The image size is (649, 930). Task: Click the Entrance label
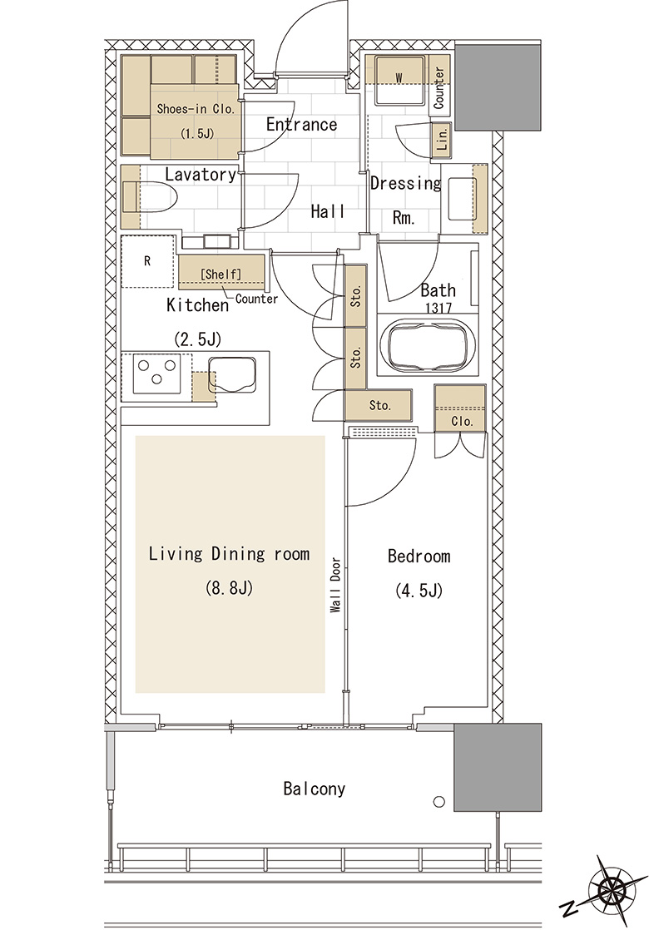(x=301, y=125)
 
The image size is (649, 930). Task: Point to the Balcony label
(x=314, y=789)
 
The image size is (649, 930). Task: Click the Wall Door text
(x=336, y=585)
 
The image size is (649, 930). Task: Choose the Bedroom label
(x=419, y=557)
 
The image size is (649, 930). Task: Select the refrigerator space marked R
(x=148, y=261)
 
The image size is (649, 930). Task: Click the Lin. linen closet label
(x=442, y=140)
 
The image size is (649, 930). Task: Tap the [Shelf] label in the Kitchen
(x=221, y=274)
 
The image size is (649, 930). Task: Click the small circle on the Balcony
(x=439, y=802)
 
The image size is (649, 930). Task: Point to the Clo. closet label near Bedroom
(x=462, y=422)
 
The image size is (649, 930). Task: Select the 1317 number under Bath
(x=438, y=308)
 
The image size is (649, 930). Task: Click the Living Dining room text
(x=229, y=554)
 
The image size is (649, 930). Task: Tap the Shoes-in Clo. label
(x=196, y=109)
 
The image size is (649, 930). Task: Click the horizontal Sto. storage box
(x=379, y=406)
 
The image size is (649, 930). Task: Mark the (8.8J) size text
(x=229, y=588)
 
